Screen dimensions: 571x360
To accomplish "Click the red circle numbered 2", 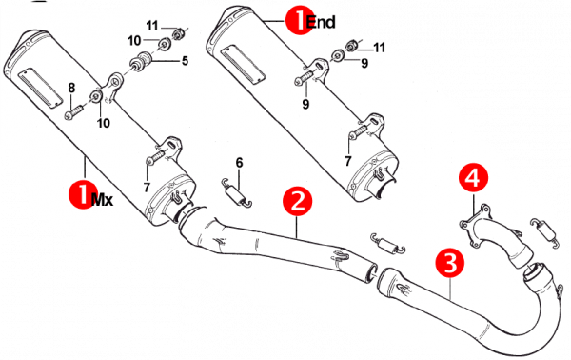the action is (x=298, y=201).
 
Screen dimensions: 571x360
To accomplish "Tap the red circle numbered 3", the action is (x=450, y=263).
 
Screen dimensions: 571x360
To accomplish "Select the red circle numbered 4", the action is (x=473, y=178).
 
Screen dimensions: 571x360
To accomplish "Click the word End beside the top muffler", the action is (x=321, y=22).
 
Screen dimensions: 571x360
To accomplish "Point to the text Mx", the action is (x=102, y=199).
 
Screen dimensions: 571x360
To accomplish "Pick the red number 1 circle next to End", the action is (x=299, y=21).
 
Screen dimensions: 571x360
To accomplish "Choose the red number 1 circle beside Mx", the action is (x=83, y=194).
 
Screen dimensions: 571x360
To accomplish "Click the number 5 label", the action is (x=185, y=61).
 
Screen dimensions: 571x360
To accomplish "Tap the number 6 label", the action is (x=239, y=163).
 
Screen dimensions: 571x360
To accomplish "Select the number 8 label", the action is (x=71, y=88).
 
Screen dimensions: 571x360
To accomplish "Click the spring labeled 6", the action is (x=237, y=193).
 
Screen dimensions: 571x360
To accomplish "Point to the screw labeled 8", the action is (x=75, y=111).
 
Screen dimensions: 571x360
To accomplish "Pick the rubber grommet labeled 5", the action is (x=140, y=62).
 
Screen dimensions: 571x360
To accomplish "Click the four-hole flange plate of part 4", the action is (x=474, y=226).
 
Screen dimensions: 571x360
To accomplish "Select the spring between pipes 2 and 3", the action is (x=388, y=243).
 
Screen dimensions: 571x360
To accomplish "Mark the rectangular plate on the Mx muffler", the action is (x=40, y=89).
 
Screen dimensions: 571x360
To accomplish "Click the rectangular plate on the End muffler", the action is (x=244, y=64).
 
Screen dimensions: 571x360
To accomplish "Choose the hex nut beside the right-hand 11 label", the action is (x=351, y=46).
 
